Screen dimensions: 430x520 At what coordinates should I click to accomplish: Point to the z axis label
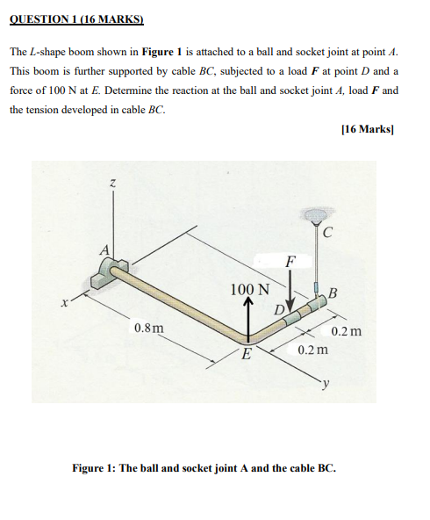point(112,184)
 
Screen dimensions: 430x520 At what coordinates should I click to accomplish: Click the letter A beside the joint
point(104,249)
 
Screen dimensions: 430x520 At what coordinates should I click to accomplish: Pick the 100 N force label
point(249,289)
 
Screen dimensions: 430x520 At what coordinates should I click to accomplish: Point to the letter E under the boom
point(247,355)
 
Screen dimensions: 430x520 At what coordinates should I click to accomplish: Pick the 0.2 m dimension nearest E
point(312,350)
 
